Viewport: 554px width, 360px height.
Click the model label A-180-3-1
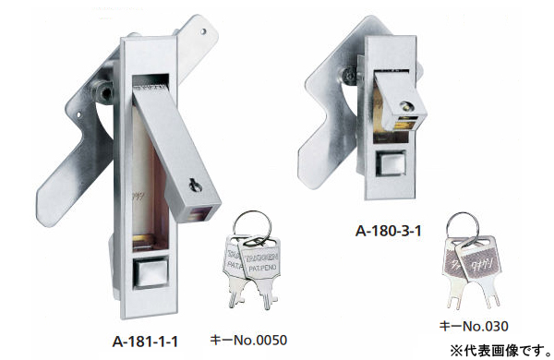pyautogui.click(x=390, y=231)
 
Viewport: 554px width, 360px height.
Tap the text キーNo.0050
pyautogui.click(x=247, y=340)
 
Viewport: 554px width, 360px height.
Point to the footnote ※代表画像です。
pyautogui.click(x=499, y=349)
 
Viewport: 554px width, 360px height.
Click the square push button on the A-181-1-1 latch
pyautogui.click(x=149, y=275)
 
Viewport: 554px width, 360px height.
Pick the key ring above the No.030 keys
pyautogui.click(x=461, y=225)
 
